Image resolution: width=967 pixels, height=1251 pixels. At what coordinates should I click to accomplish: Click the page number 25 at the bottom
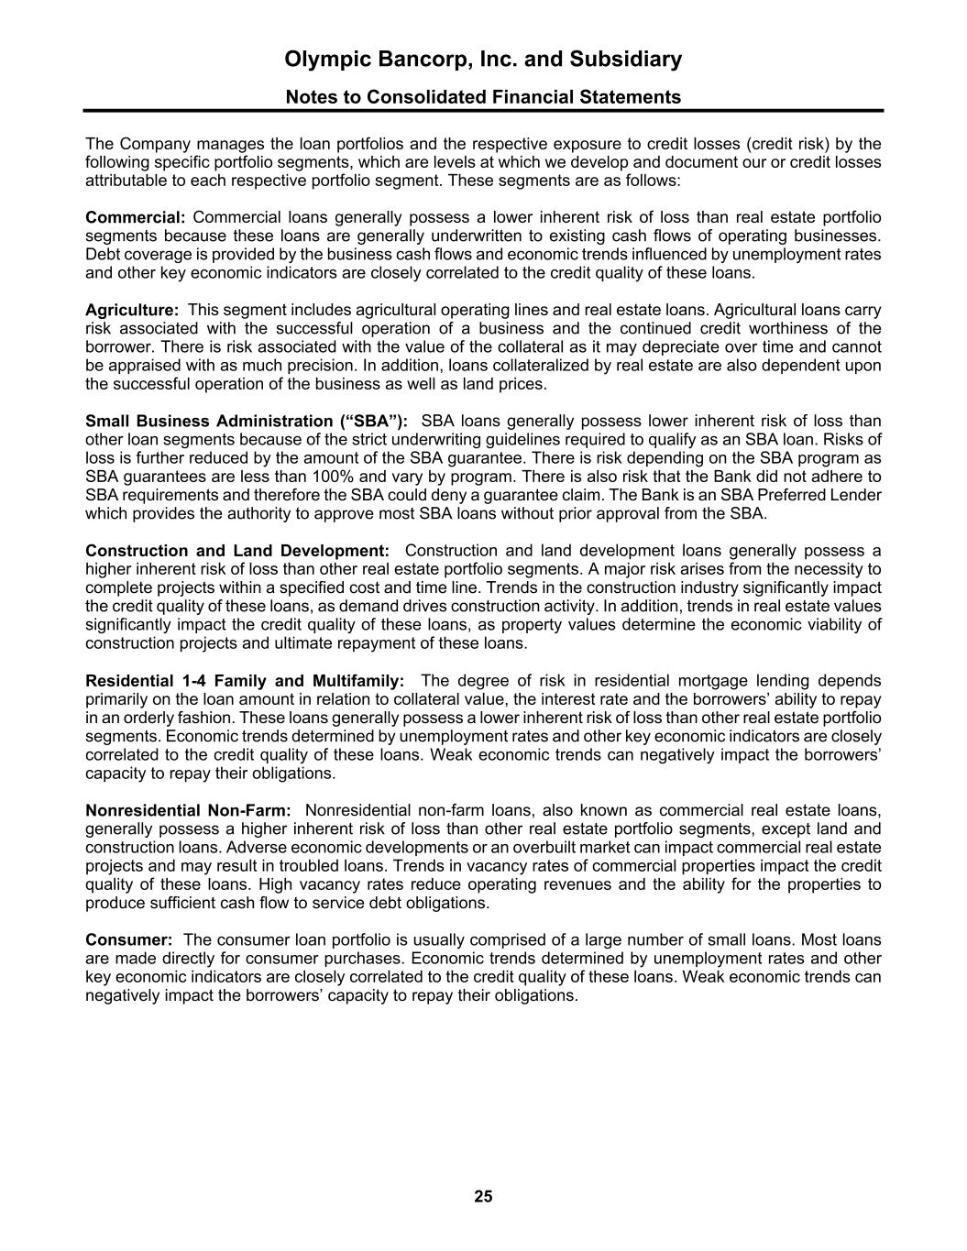pos(483,1196)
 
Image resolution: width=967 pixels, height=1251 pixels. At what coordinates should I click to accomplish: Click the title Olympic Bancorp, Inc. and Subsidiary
pos(483,60)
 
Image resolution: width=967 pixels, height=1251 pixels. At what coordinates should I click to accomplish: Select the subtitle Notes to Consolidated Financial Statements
pos(483,97)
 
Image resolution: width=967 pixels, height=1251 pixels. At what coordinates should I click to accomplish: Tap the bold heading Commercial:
pos(135,217)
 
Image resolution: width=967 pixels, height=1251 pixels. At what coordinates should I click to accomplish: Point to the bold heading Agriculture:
pos(132,311)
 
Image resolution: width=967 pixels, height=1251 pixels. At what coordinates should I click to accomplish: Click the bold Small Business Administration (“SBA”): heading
pos(247,422)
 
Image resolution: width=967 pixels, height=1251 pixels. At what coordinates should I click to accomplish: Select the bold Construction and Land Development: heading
pos(237,551)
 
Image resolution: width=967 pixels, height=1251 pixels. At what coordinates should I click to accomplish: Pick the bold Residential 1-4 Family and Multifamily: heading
pos(245,681)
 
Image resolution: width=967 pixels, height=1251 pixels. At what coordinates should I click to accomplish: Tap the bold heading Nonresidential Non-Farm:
pos(188,810)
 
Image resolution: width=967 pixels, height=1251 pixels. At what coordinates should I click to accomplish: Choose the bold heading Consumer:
pos(129,939)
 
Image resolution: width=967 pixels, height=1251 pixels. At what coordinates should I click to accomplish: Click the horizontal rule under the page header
pos(483,111)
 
